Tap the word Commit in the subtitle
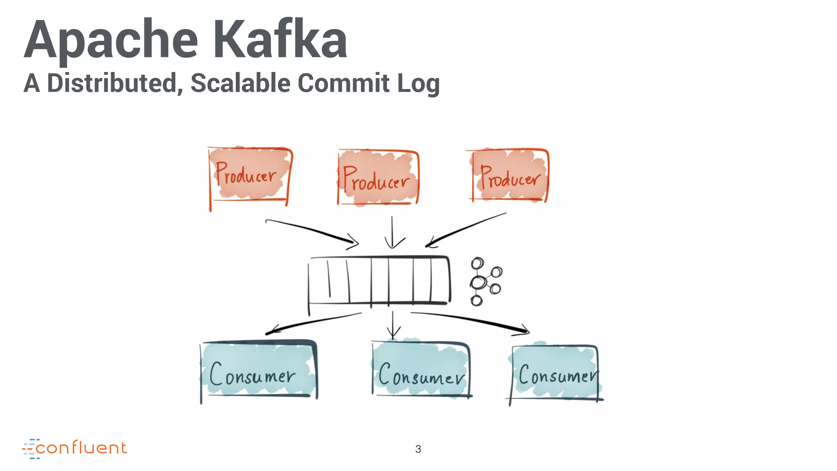tap(343, 83)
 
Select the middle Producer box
tap(378, 178)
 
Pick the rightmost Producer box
tap(509, 176)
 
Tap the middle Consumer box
tap(421, 370)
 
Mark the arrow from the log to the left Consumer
tap(313, 323)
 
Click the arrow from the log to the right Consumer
tap(470, 321)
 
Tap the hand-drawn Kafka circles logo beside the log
tap(485, 281)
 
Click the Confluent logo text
tap(81, 448)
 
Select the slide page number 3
tap(418, 449)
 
